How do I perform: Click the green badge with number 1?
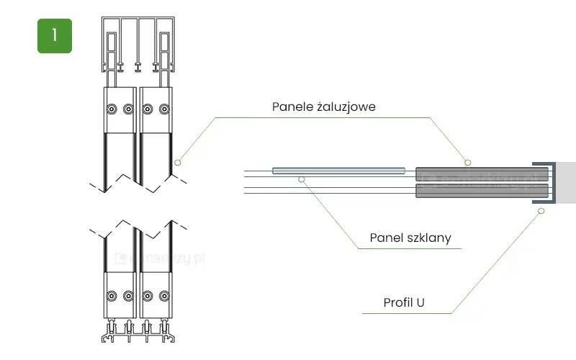point(55,36)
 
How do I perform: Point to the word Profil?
point(398,302)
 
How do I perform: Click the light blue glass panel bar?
point(339,171)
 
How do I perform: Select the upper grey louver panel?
point(481,174)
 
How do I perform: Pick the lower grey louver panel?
point(481,191)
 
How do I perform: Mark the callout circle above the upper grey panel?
point(467,161)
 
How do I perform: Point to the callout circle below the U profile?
point(541,210)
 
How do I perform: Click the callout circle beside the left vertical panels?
point(177,162)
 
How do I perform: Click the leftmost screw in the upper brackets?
point(111,109)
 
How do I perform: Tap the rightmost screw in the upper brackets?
point(165,109)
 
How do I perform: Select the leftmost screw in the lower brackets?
point(111,296)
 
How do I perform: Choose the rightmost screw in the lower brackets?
point(165,296)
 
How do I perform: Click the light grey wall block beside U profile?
point(566,183)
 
